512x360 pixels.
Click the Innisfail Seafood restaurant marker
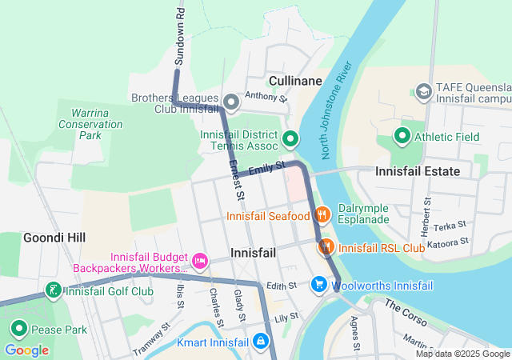tap(322, 214)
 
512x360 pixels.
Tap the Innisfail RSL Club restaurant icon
tap(326, 247)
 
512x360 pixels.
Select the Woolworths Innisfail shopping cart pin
tap(319, 285)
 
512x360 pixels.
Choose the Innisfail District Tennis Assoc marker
tap(290, 139)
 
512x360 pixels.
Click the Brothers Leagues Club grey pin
tap(231, 102)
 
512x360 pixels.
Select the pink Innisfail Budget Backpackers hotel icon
tap(200, 260)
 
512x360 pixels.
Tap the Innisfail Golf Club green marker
tap(54, 290)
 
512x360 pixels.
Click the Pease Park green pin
tap(18, 329)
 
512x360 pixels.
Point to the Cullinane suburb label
tap(295, 82)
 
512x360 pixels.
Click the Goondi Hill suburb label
tap(54, 238)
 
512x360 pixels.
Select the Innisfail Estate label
tap(418, 171)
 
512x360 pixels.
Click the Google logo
tap(26, 350)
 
